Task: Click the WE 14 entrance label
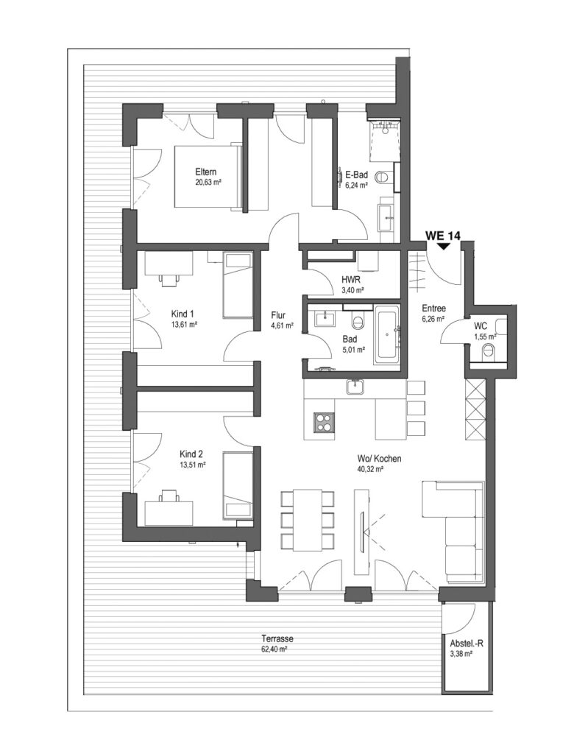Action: [443, 236]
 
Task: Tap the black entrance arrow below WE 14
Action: [443, 245]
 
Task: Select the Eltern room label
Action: [206, 172]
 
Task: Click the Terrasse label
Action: [277, 639]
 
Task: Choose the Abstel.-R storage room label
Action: [467, 644]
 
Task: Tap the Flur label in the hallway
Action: [278, 315]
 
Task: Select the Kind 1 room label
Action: [183, 314]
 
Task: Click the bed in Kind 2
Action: [238, 485]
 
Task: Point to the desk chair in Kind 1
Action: [169, 280]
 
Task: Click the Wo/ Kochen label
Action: [379, 458]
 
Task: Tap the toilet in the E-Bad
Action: [385, 177]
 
